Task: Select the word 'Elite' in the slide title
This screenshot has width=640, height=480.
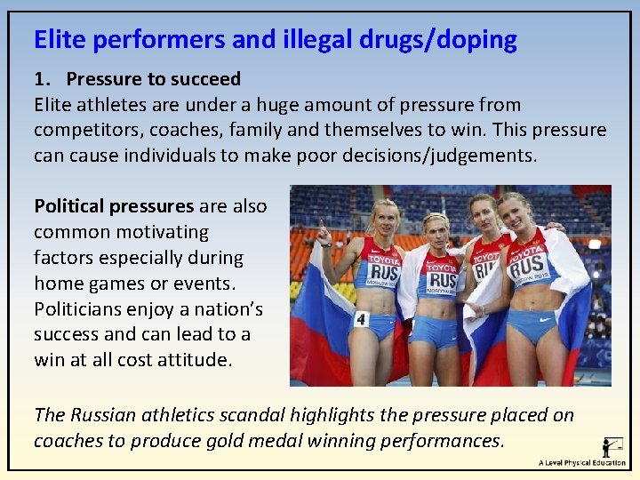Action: pos(60,40)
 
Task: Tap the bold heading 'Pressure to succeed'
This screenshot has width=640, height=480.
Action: pos(153,79)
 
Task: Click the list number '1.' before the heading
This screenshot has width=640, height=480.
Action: pos(43,79)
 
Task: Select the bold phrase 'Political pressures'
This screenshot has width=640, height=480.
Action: pos(114,206)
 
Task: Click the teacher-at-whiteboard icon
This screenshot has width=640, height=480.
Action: pos(612,446)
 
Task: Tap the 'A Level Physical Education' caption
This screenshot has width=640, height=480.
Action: pos(581,463)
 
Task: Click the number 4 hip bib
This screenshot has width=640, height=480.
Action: pos(361,318)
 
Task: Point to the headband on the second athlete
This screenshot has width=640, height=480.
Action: pos(435,218)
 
